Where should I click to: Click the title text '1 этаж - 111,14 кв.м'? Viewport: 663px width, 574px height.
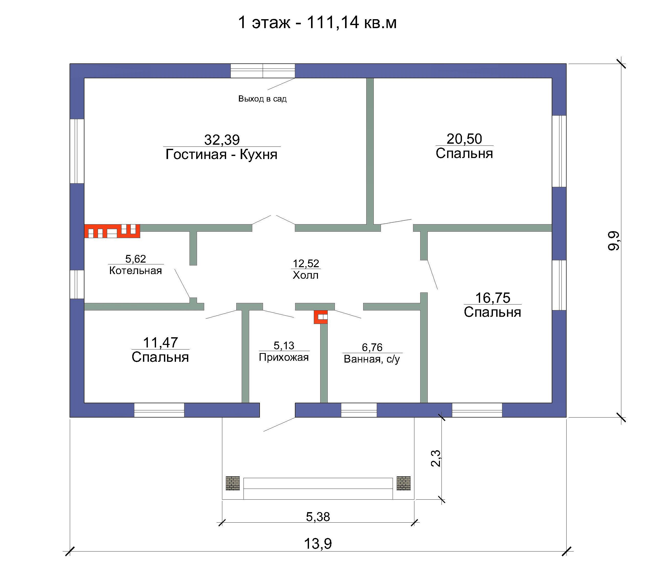click(x=317, y=23)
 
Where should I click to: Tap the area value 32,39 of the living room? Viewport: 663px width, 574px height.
click(x=222, y=140)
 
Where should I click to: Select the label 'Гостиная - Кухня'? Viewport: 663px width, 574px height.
click(x=222, y=155)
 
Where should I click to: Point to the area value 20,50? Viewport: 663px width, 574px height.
click(x=464, y=139)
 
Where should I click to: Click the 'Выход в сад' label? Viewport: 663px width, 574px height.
click(x=262, y=99)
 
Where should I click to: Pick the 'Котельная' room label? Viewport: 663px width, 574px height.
click(x=136, y=271)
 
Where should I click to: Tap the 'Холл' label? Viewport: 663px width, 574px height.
click(x=305, y=275)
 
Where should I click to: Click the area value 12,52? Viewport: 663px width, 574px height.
click(x=306, y=264)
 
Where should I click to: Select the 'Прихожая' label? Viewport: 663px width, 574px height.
click(x=284, y=357)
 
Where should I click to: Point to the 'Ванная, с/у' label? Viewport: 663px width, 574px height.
click(x=372, y=359)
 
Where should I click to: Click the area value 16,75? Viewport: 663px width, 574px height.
click(x=493, y=298)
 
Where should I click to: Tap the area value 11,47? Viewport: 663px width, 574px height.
click(x=160, y=343)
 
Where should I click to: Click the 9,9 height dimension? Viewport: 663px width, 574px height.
click(x=614, y=241)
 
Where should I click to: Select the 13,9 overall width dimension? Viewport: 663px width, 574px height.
click(x=318, y=544)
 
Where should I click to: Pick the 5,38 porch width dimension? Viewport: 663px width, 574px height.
click(x=318, y=517)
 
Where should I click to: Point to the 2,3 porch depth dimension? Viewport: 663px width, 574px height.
click(x=436, y=458)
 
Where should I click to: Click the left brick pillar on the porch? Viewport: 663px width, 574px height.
click(x=233, y=483)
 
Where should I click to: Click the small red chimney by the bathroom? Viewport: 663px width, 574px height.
click(x=321, y=317)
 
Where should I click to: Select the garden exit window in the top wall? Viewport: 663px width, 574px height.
click(x=263, y=71)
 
